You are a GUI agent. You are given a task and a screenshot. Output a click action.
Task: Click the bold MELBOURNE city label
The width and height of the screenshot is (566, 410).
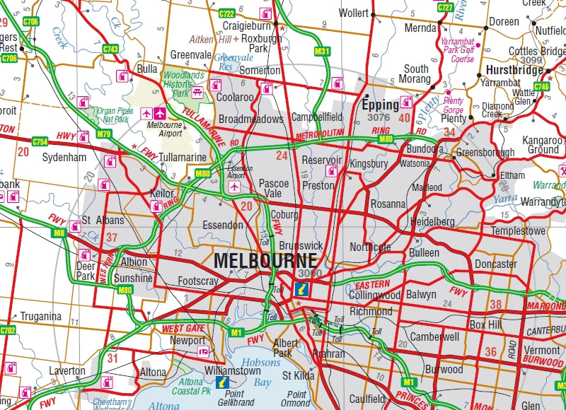click(x=265, y=259)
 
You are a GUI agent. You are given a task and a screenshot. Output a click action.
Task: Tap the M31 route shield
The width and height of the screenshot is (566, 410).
click(x=322, y=51)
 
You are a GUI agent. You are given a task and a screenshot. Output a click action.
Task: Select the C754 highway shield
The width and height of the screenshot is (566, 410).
click(x=40, y=141)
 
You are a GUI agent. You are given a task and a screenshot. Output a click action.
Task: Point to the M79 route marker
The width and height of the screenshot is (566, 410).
click(x=104, y=134)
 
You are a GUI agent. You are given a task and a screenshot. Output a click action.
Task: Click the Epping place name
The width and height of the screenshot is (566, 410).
click(x=381, y=105)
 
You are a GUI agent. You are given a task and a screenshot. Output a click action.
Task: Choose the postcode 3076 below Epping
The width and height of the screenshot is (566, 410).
click(x=379, y=117)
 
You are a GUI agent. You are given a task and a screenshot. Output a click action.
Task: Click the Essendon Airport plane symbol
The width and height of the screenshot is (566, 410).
click(x=234, y=187)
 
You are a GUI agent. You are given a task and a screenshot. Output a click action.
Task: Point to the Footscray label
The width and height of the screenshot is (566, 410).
click(x=198, y=281)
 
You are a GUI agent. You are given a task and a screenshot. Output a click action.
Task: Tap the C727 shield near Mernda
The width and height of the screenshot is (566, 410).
click(x=445, y=7)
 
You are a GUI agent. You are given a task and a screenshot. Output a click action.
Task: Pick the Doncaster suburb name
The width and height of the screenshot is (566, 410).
click(x=495, y=264)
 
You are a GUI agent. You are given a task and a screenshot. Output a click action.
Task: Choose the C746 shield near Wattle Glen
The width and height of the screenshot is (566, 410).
click(x=541, y=86)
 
